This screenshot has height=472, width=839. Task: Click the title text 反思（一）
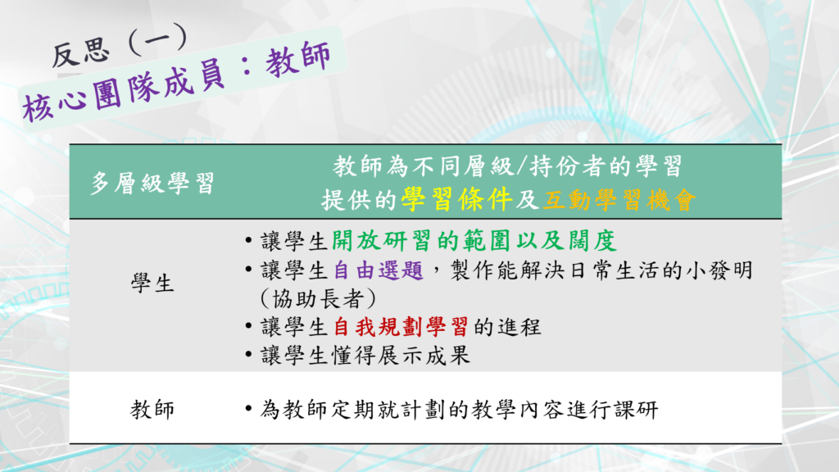120,46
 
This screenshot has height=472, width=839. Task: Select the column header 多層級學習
152,183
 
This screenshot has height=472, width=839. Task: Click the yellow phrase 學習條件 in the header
457,200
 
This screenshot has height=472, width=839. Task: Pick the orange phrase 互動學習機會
619,200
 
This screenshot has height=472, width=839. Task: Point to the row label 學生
152,283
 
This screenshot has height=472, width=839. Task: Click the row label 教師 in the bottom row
152,410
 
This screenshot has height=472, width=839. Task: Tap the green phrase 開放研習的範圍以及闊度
474,241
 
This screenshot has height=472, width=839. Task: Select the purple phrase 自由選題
379,270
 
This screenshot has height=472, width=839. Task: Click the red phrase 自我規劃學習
401,326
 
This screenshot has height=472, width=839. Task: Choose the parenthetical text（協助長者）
319,298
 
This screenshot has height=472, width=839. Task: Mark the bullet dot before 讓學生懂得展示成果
248,355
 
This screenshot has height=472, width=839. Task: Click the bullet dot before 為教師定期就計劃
248,410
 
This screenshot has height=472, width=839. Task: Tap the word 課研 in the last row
636,410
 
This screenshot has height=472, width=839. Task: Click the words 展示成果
424,356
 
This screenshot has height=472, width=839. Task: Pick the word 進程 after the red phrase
519,326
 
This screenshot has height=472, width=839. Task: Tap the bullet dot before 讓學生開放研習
248,241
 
